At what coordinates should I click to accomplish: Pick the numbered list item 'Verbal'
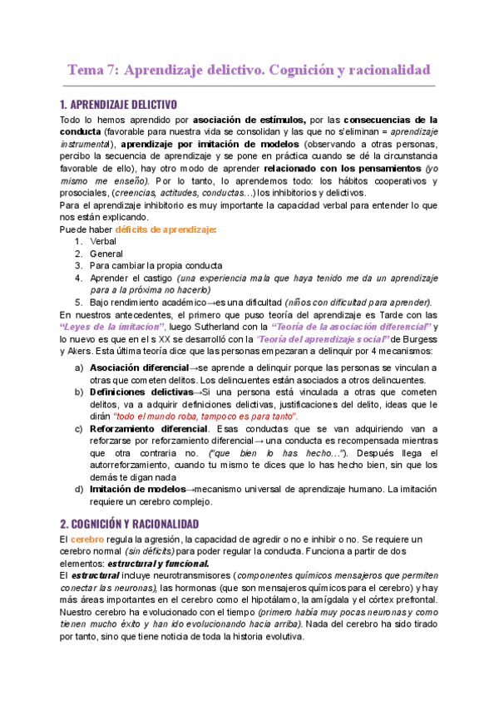click(103, 241)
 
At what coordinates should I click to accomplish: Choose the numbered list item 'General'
click(106, 253)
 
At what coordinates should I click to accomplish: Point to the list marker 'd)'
click(79, 490)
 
